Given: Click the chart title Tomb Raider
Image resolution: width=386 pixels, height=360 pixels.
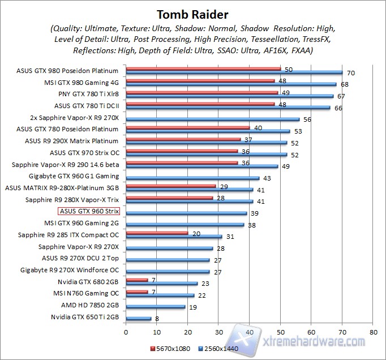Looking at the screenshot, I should [193, 14].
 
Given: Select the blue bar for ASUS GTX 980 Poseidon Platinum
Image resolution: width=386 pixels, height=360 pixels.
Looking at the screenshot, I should [234, 72].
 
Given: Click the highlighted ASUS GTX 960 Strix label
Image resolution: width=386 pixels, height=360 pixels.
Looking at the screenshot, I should [89, 212].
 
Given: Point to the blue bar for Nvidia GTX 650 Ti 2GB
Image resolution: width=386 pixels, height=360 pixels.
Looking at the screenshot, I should [139, 319].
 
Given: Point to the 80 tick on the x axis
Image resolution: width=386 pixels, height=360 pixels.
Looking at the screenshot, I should [372, 332].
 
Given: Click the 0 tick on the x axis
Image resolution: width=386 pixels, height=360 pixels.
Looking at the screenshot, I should [126, 332].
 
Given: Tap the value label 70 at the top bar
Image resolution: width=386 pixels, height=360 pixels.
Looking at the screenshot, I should [350, 73].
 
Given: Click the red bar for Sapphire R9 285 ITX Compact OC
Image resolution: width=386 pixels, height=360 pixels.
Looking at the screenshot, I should [157, 233].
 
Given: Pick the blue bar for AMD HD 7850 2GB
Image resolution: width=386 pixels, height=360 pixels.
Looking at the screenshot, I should [156, 307].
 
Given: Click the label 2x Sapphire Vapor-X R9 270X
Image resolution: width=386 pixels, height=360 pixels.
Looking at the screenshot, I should [74, 118].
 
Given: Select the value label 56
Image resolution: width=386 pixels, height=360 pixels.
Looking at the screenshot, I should [307, 120].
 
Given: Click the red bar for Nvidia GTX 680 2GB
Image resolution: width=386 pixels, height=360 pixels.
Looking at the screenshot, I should [137, 280].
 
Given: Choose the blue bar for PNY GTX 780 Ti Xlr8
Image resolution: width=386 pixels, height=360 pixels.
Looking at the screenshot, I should [230, 96].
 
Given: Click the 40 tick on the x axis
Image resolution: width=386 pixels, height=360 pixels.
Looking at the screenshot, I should [250, 332].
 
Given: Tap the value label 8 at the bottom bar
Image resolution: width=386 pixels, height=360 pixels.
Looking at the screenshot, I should [157, 320].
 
